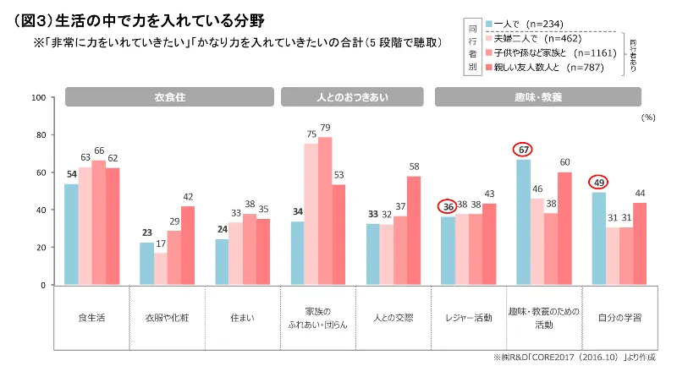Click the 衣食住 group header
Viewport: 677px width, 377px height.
coord(169,97)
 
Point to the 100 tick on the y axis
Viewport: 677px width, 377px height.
coord(37,98)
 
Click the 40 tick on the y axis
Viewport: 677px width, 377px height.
coord(40,210)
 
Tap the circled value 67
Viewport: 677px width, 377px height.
coord(525,150)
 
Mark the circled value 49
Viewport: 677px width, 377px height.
coord(599,182)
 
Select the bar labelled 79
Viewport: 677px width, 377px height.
coord(325,210)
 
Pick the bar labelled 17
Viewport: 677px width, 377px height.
coord(161,269)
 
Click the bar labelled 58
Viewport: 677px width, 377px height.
coord(414,230)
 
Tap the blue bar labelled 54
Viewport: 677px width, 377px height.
coord(72,234)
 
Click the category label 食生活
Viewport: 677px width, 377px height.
coord(91,319)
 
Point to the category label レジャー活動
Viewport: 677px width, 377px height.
coord(469,319)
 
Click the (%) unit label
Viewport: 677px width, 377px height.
coord(648,118)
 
